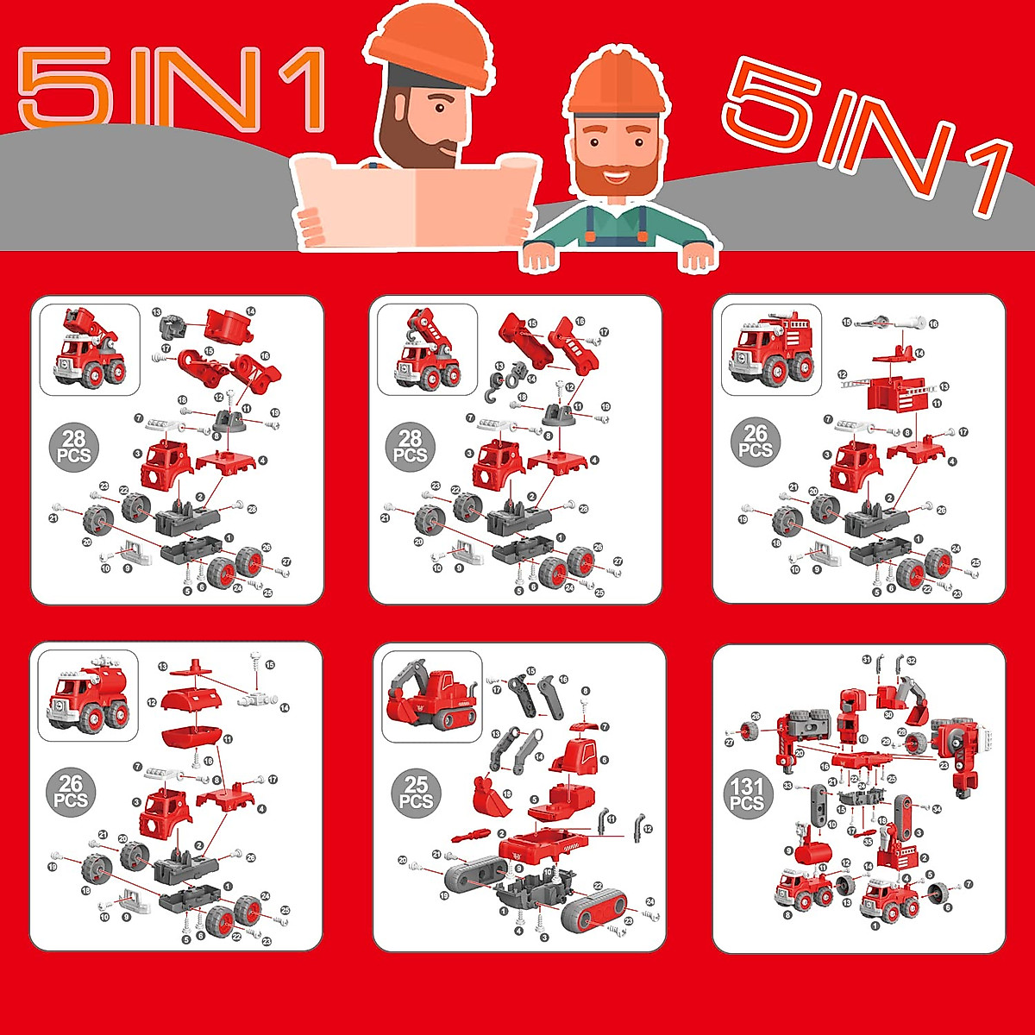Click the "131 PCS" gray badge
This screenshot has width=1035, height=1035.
point(747,794)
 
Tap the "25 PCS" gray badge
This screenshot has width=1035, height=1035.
point(416,793)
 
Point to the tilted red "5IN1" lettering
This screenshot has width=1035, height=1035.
point(865,134)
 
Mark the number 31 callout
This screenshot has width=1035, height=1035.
point(866,660)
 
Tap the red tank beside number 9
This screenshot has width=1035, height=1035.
point(812,854)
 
